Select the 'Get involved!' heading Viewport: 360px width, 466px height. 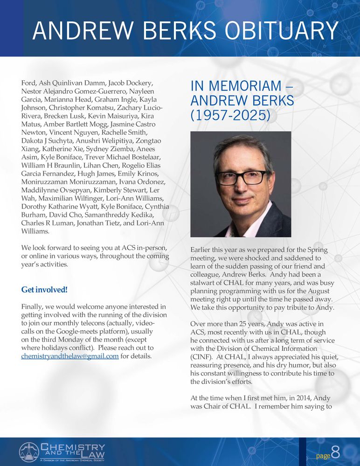(x=44, y=290)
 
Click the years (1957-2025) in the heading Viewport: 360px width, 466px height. (x=230, y=115)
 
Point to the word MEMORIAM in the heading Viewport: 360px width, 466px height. (x=242, y=86)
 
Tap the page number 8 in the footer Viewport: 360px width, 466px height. (x=335, y=452)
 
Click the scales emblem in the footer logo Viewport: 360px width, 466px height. (x=29, y=452)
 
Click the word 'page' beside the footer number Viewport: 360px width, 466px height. (x=323, y=455)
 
